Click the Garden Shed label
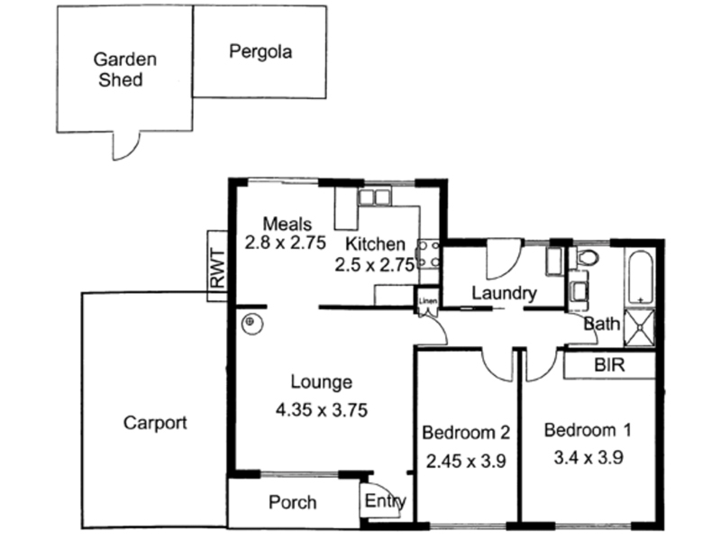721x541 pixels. coord(126,69)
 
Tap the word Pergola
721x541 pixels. coord(260,50)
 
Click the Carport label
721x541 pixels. coord(155,422)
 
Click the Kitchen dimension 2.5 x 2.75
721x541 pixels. coord(374,265)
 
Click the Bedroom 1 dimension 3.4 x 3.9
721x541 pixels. coord(585,457)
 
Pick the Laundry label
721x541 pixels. coord(504,293)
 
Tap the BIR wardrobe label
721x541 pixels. coord(610,367)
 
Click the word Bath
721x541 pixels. coord(601,324)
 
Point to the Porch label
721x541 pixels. coord(292,502)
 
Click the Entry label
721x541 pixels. coord(387,502)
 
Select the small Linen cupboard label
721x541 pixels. coord(427,300)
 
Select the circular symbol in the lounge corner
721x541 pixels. coord(251,322)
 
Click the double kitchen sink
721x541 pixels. coord(373,197)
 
